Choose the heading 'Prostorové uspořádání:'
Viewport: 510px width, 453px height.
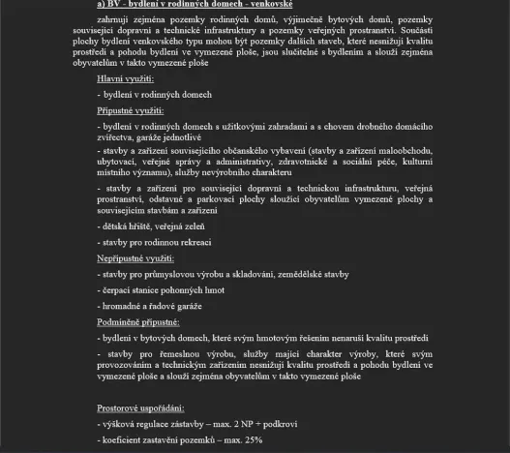click(x=145, y=408)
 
